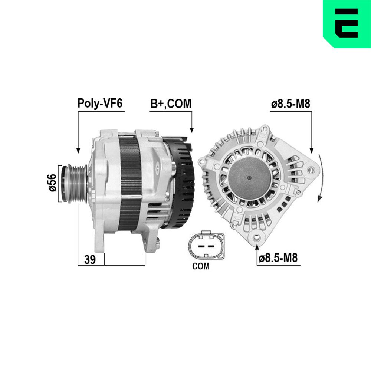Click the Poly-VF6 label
(100, 104)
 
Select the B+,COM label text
(171, 104)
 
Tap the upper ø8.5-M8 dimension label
(290, 104)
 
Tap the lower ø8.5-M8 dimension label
(278, 258)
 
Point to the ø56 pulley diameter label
(53, 183)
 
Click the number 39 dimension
(90, 260)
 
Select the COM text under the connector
(201, 266)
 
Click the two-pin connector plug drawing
(206, 245)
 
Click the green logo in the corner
(347, 24)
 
